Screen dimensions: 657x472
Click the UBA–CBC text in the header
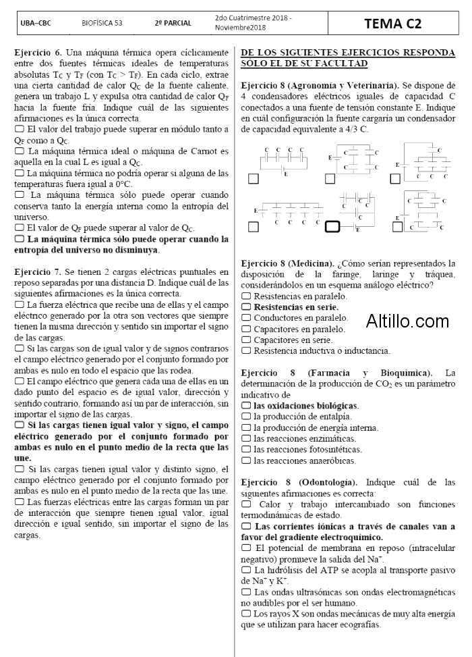tap(36, 23)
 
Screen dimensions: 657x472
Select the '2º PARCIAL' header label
tap(173, 23)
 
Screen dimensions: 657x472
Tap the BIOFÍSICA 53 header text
tap(102, 23)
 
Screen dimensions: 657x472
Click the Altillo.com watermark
tap(407, 321)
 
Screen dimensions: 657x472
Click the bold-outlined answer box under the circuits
tap(332, 227)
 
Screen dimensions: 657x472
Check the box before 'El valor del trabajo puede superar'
tap(19, 129)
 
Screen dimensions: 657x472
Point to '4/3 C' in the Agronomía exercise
tap(355, 129)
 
